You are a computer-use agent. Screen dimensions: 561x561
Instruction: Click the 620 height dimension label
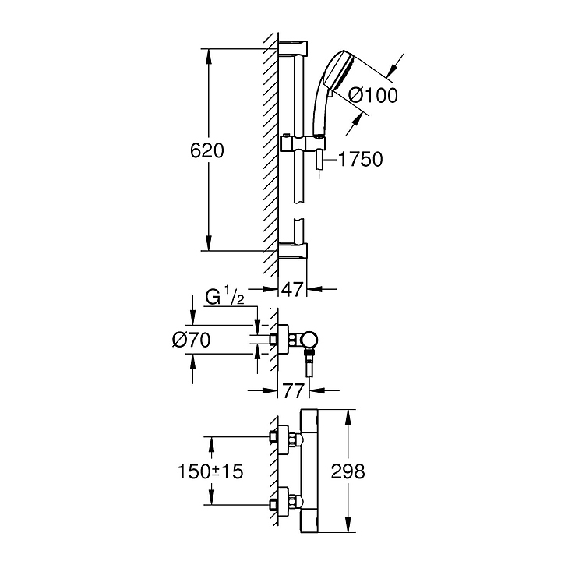coord(206,150)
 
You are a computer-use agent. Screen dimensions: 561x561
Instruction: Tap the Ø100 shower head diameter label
coord(372,95)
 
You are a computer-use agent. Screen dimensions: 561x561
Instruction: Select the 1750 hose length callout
coord(360,159)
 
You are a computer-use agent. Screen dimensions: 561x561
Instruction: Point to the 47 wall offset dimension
coord(293,289)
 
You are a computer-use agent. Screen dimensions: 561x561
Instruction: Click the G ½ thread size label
coord(224,297)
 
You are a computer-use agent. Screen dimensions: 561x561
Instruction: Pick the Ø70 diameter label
coord(191,340)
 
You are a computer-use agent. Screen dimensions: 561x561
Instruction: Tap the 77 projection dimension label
coord(294,390)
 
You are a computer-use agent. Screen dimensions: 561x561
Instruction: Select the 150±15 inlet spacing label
coord(210,471)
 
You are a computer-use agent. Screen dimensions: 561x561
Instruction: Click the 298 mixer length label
coord(348,471)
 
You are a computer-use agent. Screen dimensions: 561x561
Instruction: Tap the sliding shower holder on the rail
coord(302,145)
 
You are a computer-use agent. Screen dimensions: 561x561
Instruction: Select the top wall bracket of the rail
coord(293,48)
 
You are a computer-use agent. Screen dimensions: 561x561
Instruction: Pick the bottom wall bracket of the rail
coord(293,250)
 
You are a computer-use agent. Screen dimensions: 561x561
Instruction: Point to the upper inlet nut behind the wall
coord(273,436)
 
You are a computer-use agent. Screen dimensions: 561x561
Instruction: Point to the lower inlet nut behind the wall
coord(273,505)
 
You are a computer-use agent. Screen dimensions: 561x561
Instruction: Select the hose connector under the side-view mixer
coord(309,363)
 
